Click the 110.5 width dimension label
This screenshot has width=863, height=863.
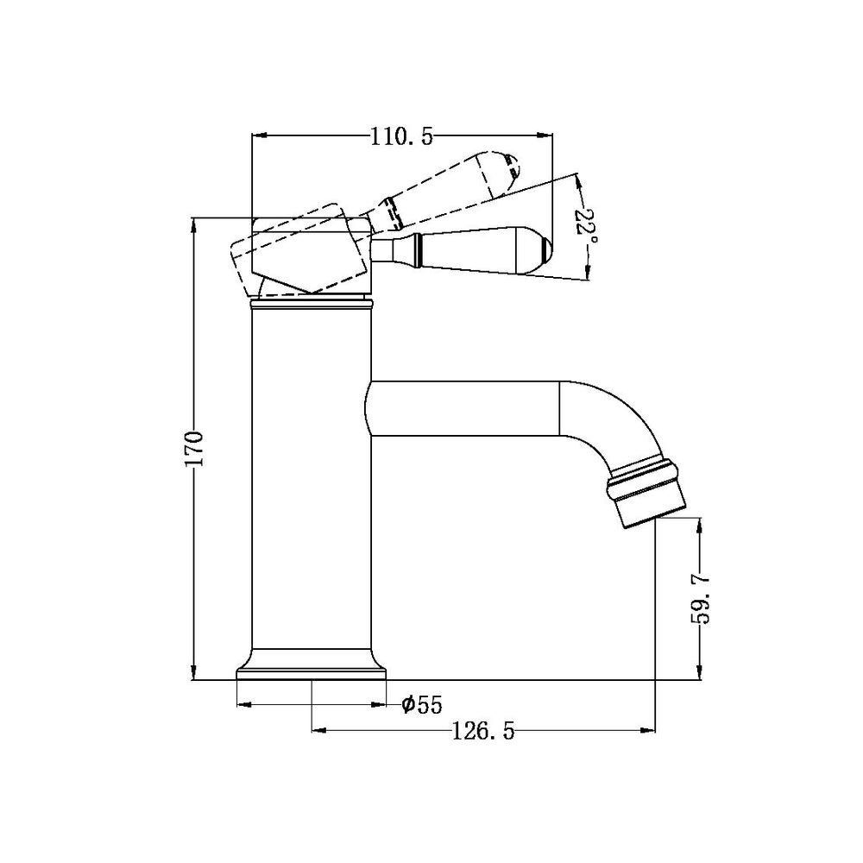click(x=401, y=136)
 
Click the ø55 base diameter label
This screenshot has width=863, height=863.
click(x=422, y=705)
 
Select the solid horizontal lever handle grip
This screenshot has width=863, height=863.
click(x=483, y=250)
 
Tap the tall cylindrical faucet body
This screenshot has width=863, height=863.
click(x=311, y=483)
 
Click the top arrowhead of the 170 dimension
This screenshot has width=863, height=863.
click(x=195, y=222)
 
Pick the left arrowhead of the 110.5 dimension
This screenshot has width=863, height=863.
click(x=256, y=135)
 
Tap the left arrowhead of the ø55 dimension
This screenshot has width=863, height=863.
click(x=242, y=705)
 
